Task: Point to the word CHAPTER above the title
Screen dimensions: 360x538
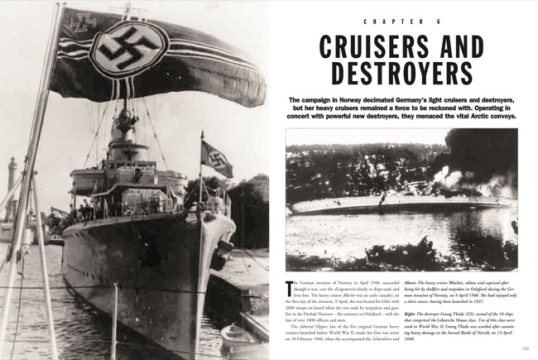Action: click(x=391, y=18)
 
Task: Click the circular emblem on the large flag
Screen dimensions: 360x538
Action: click(x=128, y=49)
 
